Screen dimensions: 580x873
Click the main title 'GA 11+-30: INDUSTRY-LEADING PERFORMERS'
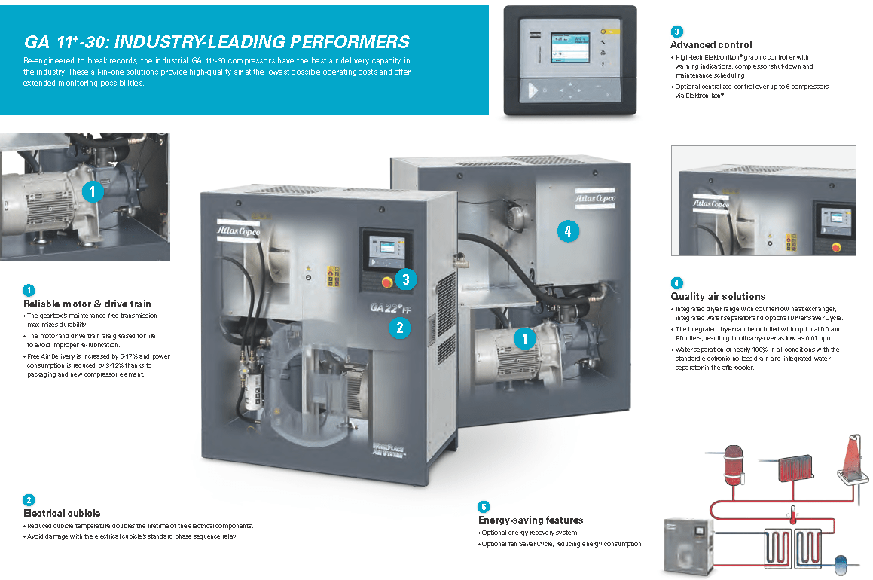tap(217, 41)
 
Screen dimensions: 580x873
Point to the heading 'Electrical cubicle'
tap(62, 513)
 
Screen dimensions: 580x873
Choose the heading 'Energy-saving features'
tap(530, 520)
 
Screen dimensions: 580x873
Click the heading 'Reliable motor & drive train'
tap(87, 304)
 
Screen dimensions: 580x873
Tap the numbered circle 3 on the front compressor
tap(405, 279)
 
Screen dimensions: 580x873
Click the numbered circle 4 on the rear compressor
tap(568, 232)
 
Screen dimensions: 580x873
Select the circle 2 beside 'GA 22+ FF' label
tap(399, 327)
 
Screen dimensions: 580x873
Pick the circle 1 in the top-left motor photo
tap(92, 192)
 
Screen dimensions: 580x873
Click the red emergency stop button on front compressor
tap(387, 282)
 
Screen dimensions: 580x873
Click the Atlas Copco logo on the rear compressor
tap(594, 197)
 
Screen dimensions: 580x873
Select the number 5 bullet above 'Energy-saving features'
tap(484, 507)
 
